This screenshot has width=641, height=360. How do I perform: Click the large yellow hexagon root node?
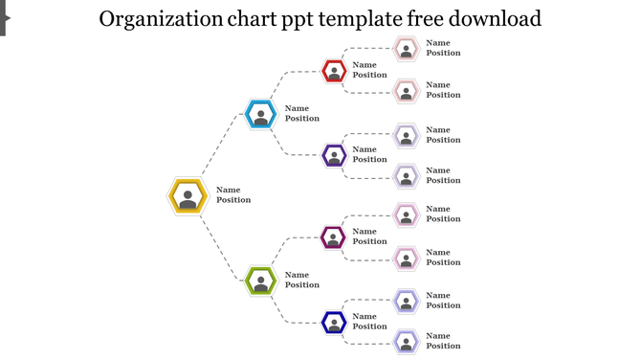point(188,196)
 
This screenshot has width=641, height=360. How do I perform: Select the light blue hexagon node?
point(260,115)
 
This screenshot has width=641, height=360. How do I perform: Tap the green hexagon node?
point(260,281)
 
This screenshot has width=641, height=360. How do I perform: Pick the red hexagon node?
point(334,71)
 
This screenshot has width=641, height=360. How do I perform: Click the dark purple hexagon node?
point(334,155)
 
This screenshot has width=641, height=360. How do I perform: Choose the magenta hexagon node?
point(333,237)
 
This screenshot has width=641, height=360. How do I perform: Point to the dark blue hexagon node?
point(334,323)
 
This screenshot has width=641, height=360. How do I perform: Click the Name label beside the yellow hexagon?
point(229,190)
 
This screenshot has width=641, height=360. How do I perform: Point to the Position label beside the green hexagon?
point(302,285)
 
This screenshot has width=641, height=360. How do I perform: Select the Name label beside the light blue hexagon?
point(298,108)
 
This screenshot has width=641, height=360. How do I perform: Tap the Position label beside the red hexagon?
point(370,75)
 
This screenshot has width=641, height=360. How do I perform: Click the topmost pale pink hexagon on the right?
point(407,49)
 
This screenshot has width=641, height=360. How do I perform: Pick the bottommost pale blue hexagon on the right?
point(407,342)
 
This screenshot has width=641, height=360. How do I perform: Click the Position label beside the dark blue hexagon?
point(370,326)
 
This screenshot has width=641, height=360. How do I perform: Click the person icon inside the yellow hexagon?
point(188,199)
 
